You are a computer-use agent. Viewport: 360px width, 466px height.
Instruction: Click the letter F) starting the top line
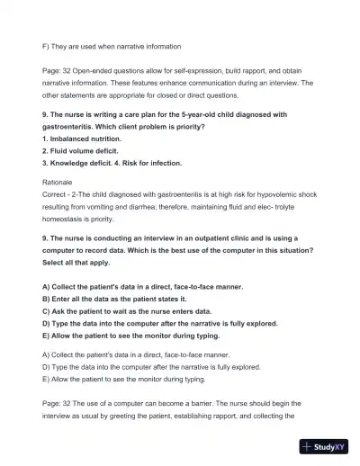[46, 46]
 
